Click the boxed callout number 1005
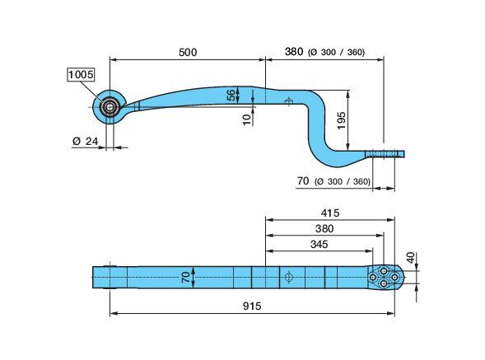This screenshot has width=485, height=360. (x=81, y=75)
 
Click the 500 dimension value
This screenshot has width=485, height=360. (x=188, y=53)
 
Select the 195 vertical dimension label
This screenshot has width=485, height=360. (x=341, y=121)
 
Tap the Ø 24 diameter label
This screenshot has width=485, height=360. (x=85, y=142)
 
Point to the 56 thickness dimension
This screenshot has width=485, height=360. (x=231, y=96)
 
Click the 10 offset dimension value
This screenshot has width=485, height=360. (x=247, y=119)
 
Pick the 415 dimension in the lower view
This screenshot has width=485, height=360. (x=330, y=213)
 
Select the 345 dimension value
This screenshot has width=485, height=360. (x=319, y=244)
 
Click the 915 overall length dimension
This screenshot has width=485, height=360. (x=252, y=306)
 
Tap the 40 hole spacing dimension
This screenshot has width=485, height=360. (x=411, y=258)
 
